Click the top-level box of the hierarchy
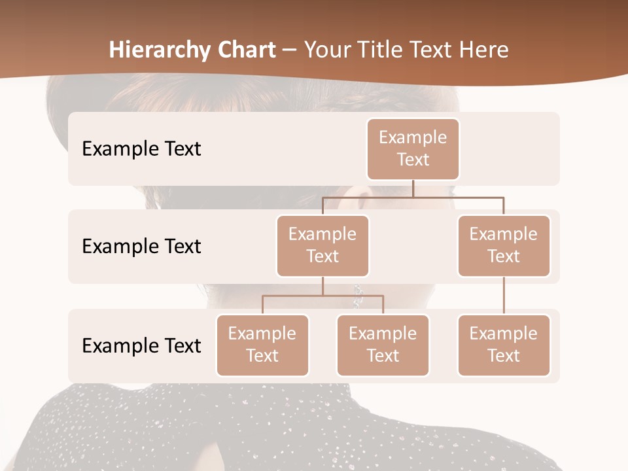[x=413, y=148]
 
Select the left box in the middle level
[x=323, y=245]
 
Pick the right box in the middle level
[x=504, y=245]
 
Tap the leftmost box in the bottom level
[x=262, y=345]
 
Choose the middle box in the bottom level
[x=383, y=345]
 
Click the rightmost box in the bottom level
[x=504, y=345]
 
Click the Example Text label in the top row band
[x=141, y=148]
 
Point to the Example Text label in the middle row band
[x=141, y=246]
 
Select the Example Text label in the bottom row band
[x=141, y=345]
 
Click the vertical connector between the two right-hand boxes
[x=504, y=296]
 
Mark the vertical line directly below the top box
[x=413, y=188]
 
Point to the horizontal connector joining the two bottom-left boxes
[x=323, y=296]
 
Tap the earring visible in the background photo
[x=358, y=296]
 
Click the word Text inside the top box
[x=413, y=160]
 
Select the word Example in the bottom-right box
[x=503, y=334]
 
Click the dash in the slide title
[x=289, y=50]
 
